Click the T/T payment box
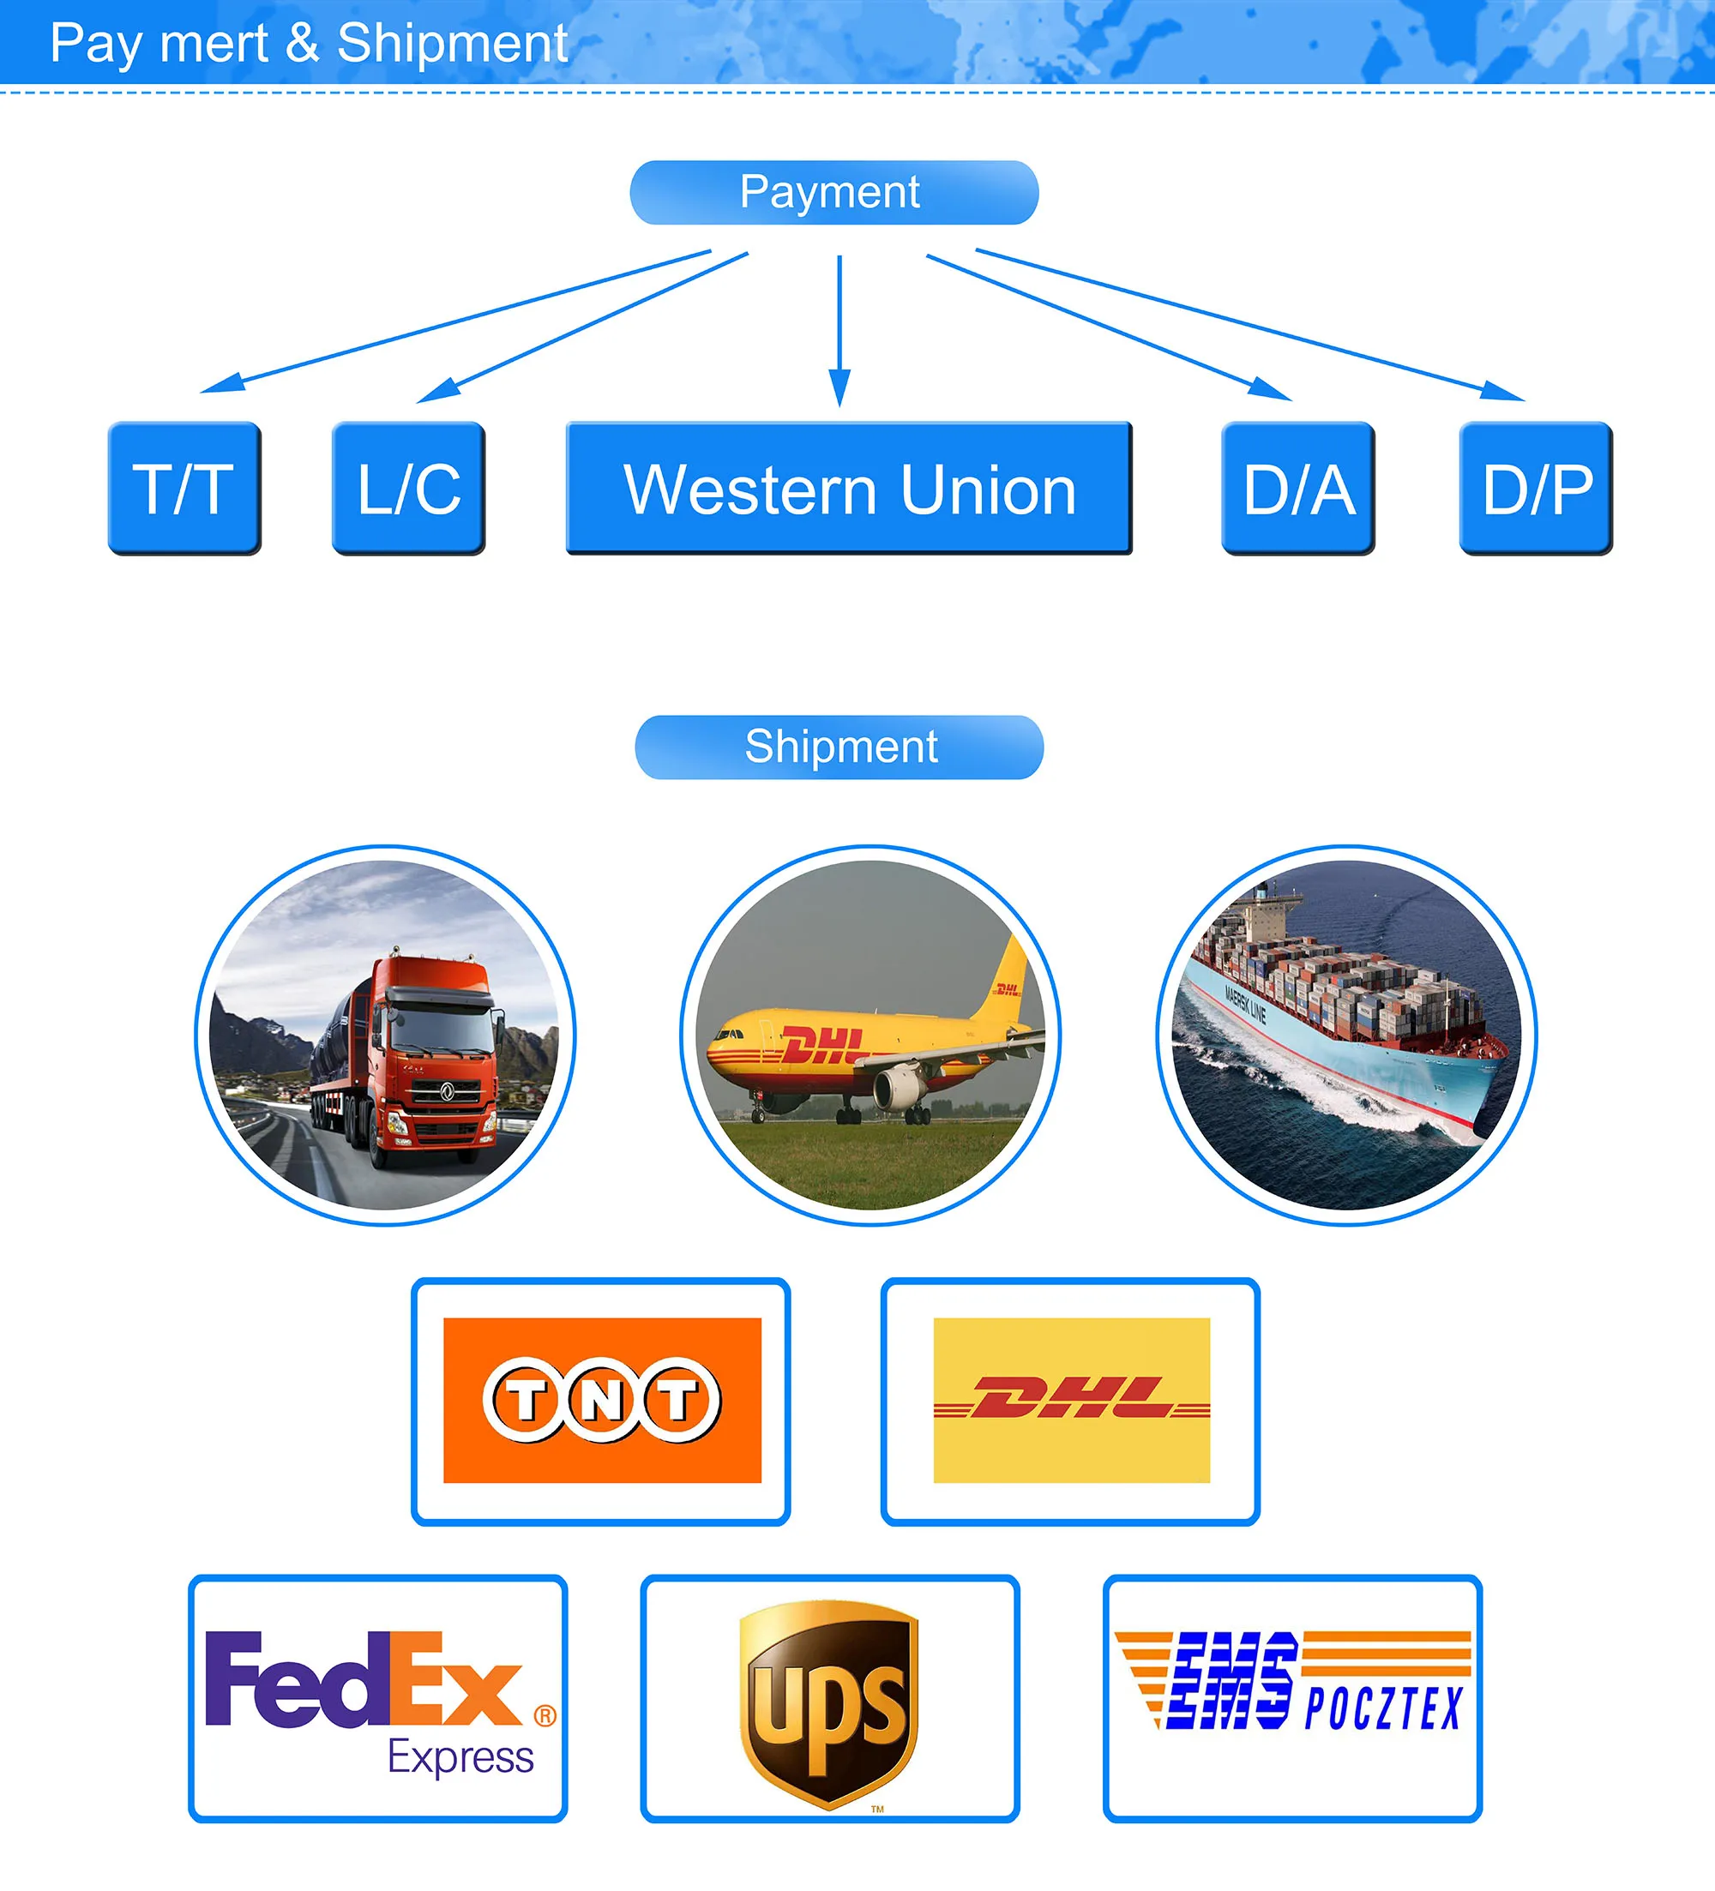click(x=184, y=488)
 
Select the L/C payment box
click(x=408, y=488)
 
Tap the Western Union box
click(x=848, y=488)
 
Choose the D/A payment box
click(x=1297, y=488)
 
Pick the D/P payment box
click(x=1536, y=488)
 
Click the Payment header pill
click(x=833, y=192)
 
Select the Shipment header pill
click(x=839, y=747)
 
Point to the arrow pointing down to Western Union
click(x=839, y=328)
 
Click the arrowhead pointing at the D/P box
click(x=1503, y=391)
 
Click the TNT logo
click(x=601, y=1400)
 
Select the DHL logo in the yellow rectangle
click(x=1070, y=1400)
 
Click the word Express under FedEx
click(x=460, y=1757)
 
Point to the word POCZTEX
click(x=1383, y=1708)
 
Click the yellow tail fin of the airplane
click(x=1009, y=976)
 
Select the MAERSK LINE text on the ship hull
click(x=1245, y=1006)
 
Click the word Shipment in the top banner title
click(x=452, y=43)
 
